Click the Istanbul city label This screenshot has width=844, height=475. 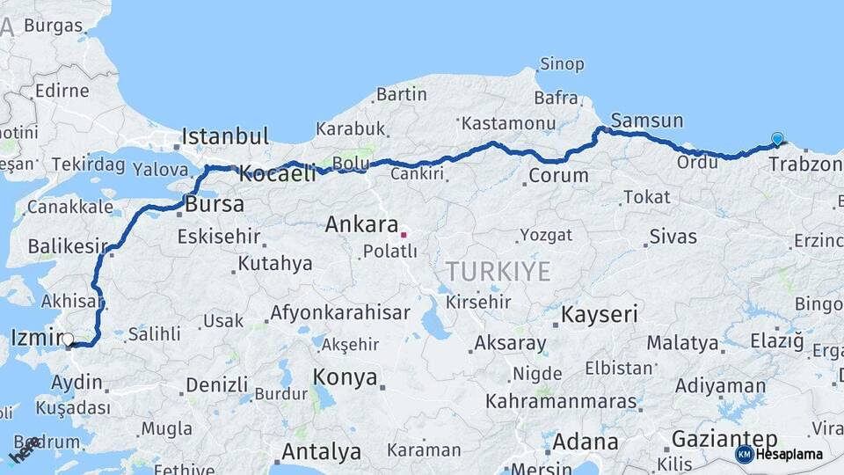click(x=225, y=136)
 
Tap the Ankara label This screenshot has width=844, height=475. click(x=361, y=224)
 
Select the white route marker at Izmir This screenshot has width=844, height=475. click(x=68, y=339)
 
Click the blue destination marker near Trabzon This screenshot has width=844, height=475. click(x=777, y=138)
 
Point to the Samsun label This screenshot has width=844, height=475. click(x=646, y=121)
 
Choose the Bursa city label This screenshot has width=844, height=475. click(x=215, y=205)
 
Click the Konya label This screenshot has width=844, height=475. click(x=346, y=378)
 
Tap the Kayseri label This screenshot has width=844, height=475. click(x=600, y=314)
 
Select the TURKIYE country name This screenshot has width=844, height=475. click(x=498, y=271)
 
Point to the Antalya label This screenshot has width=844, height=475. click(x=321, y=452)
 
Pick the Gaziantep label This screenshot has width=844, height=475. click(x=724, y=438)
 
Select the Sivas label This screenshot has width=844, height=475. click(x=673, y=237)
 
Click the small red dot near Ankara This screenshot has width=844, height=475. click(x=404, y=235)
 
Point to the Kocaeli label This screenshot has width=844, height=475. click(x=278, y=173)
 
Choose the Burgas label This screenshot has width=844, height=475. click(x=53, y=26)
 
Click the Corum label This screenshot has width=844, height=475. click(x=558, y=175)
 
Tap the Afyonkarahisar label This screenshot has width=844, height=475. click(x=339, y=312)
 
